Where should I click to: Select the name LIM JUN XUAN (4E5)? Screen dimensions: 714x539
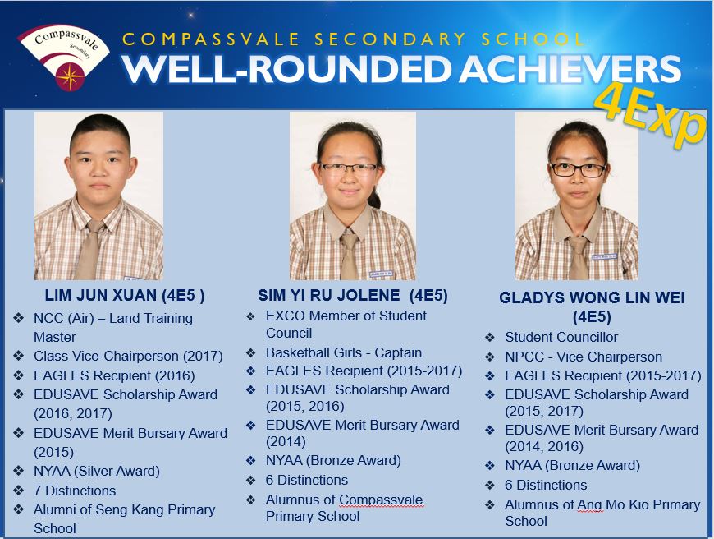pos(124,296)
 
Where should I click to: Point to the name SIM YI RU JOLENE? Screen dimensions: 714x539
pos(329,296)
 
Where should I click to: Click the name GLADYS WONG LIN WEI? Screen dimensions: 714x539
pos(592,297)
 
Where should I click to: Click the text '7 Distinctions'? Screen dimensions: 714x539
pos(75,491)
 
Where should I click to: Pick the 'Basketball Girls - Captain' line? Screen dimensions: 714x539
pos(344,352)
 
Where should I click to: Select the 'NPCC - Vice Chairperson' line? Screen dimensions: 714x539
pos(584,357)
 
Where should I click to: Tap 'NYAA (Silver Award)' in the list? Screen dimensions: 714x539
pos(97,471)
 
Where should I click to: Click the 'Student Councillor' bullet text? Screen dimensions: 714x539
pos(561,337)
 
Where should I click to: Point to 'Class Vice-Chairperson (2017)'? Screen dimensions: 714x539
pos(128,356)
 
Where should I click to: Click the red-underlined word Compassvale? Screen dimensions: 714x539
pos(381,500)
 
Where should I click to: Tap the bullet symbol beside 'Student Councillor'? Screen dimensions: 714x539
pos(489,338)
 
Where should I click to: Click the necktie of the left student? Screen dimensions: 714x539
pos(89,250)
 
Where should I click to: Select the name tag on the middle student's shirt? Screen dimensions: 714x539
pos(380,274)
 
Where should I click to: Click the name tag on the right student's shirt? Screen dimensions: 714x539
pos(604,256)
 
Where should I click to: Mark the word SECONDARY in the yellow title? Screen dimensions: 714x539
pos(390,39)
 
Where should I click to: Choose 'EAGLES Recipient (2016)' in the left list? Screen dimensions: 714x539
pos(114,375)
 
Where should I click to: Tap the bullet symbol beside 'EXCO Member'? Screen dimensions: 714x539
pos(250,316)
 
